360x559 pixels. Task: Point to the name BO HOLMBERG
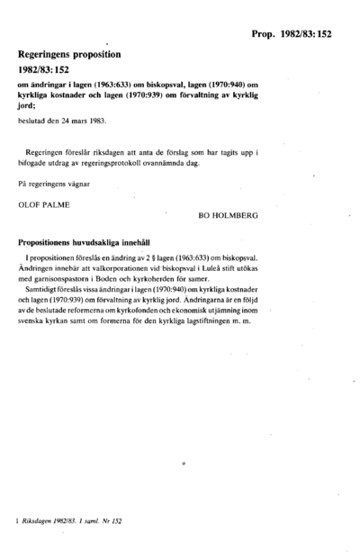229,216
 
